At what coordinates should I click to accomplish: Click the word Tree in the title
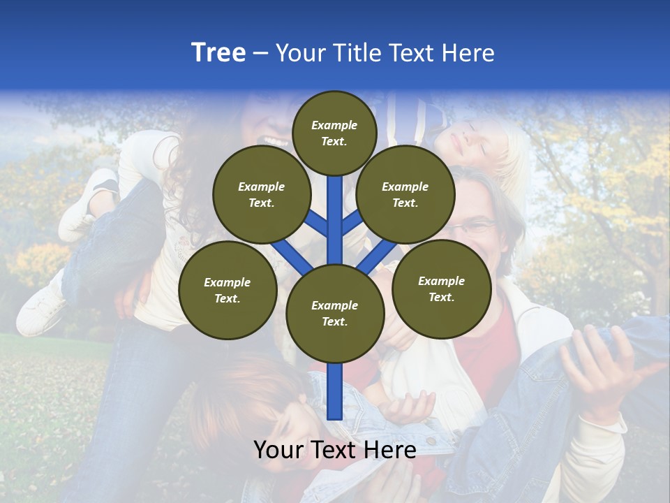point(218,53)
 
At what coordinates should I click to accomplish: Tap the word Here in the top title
point(466,53)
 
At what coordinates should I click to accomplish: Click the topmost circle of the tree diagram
point(334,133)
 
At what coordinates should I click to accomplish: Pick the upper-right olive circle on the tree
point(405,195)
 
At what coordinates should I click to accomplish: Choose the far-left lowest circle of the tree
point(228,291)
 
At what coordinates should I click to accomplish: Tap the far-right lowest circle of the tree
point(441,289)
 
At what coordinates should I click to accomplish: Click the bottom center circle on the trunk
point(335,314)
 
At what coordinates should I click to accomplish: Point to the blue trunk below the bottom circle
point(335,391)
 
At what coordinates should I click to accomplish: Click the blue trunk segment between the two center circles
point(335,220)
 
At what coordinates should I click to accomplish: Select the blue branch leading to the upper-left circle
point(315,222)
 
